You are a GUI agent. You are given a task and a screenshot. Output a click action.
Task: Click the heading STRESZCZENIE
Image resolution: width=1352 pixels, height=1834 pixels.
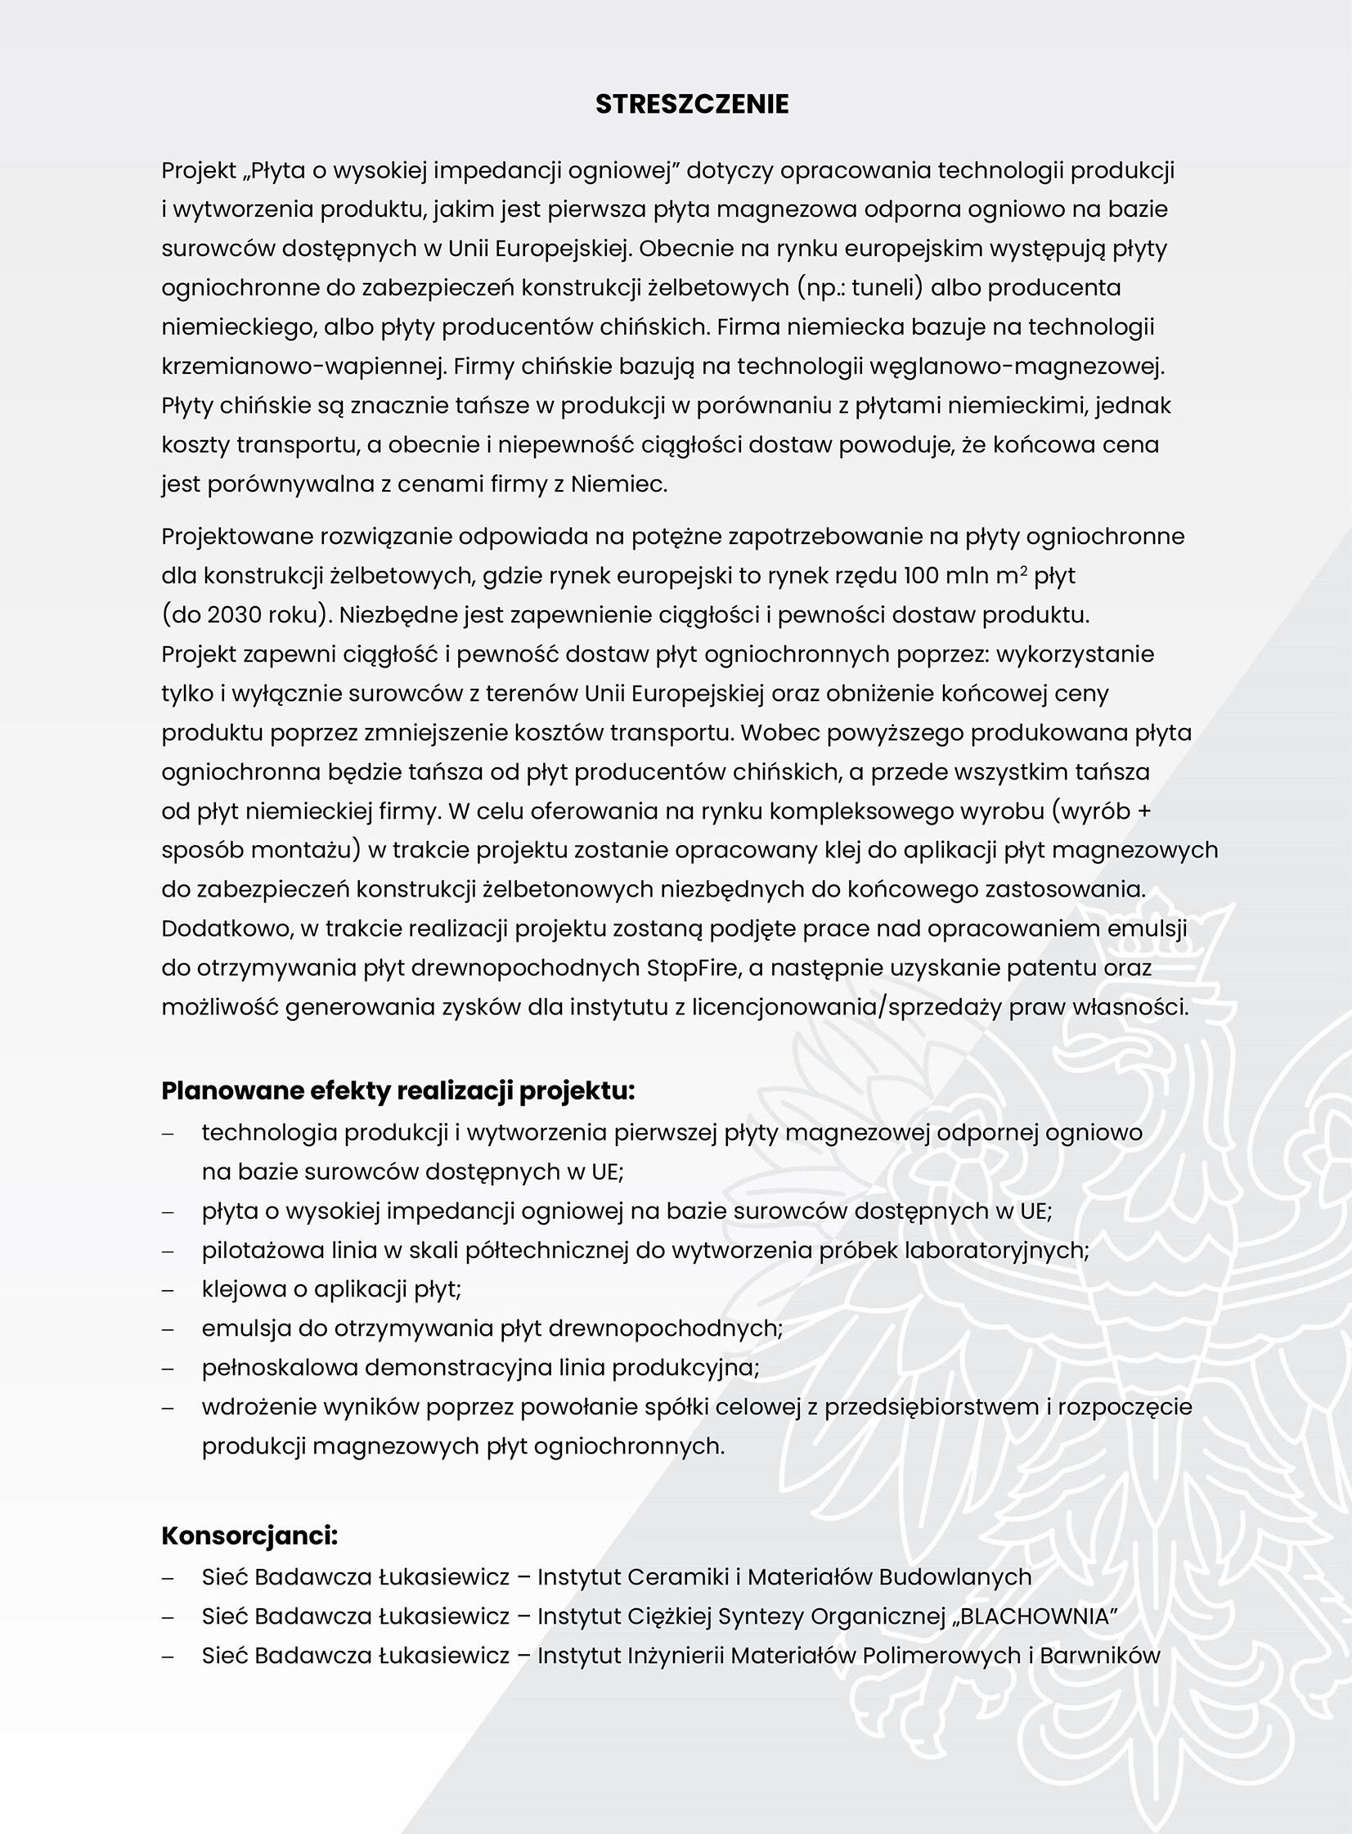(x=692, y=104)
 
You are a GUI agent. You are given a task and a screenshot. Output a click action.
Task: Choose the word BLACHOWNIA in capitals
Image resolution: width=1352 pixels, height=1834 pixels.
(x=1032, y=1616)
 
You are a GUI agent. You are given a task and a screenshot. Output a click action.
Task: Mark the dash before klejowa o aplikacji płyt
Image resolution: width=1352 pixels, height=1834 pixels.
(x=168, y=1291)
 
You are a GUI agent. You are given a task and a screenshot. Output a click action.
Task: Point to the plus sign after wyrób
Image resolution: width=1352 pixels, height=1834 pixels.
(x=1143, y=811)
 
